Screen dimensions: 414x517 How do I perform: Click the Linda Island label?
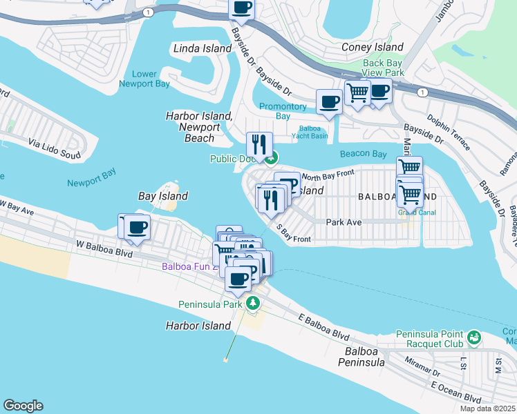[202, 49]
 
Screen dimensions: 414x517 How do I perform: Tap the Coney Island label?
[373, 48]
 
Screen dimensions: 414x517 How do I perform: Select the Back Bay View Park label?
[383, 68]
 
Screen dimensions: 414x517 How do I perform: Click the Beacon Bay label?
[363, 154]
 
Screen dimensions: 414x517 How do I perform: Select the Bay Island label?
[163, 196]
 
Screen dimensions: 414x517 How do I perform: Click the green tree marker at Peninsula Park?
[253, 303]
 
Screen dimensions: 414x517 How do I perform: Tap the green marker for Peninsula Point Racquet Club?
[474, 337]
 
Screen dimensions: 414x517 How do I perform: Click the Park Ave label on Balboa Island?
[344, 222]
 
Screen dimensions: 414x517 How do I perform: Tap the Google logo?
[23, 406]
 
